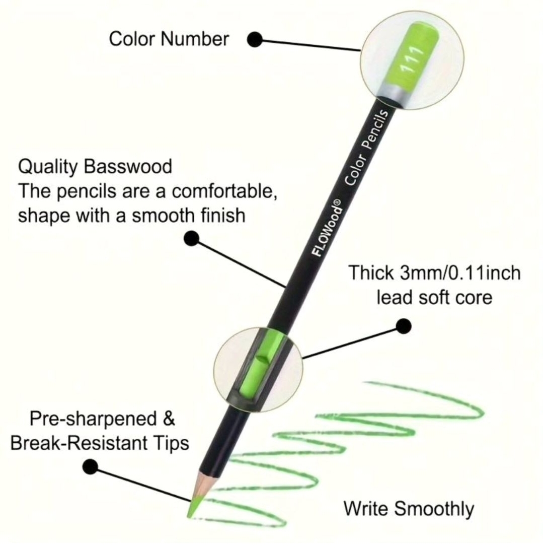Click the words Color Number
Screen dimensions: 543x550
pos(169,39)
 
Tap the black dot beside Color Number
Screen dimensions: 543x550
pos(255,39)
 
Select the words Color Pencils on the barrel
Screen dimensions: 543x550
pos(366,148)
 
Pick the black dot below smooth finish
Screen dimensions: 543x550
pos(191,239)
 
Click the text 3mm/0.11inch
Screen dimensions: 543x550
pos(460,273)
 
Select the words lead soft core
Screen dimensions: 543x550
pos(435,298)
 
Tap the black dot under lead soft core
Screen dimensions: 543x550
pos(404,326)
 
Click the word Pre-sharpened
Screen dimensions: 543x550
pos(93,419)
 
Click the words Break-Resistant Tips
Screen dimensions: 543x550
pos(100,443)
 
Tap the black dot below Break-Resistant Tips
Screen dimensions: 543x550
pos(90,466)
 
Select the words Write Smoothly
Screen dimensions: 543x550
pos(409,509)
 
